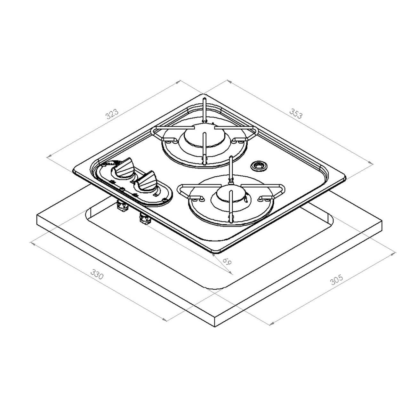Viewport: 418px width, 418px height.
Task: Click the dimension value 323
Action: pos(112,114)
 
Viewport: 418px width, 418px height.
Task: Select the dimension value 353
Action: pos(296,113)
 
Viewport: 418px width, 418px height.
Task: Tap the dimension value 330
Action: pos(97,274)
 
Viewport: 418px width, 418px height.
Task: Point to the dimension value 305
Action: pos(336,280)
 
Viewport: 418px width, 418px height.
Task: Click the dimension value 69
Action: pos(227,261)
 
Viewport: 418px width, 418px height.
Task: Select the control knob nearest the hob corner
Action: pos(124,167)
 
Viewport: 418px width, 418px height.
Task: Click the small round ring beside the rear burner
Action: pos(259,166)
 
